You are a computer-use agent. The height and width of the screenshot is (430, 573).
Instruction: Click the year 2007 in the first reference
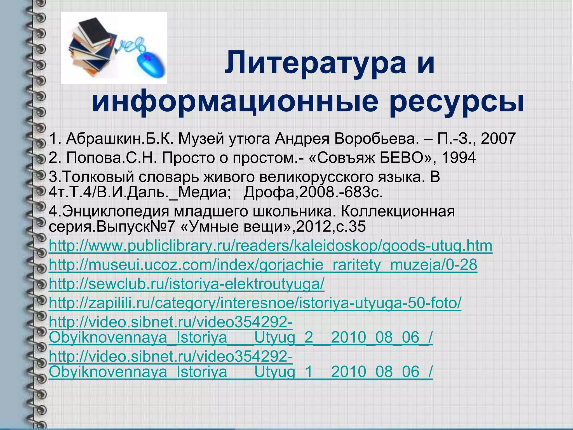tap(498, 139)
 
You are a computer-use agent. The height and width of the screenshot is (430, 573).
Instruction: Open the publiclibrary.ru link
tap(270, 246)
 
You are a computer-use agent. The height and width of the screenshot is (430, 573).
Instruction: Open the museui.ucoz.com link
tap(263, 265)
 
